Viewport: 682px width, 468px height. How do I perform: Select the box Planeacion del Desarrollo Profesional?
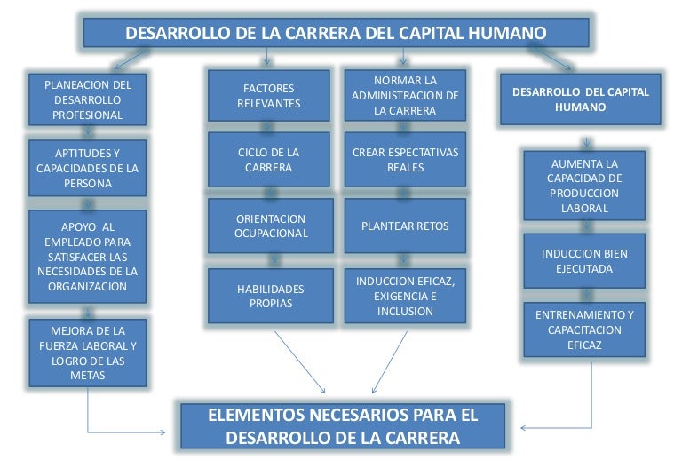(88, 99)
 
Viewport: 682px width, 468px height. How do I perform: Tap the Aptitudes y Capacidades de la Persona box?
(88, 168)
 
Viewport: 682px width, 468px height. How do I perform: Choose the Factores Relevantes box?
(269, 96)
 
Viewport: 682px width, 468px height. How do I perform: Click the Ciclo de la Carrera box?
(269, 160)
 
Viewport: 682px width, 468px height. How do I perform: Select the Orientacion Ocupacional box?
(271, 226)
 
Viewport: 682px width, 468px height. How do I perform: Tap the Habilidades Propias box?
(271, 296)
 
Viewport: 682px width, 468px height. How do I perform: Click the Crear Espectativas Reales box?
(405, 160)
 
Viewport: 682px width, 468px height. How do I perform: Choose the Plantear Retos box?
(405, 226)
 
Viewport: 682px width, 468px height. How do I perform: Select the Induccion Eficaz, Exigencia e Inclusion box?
(405, 297)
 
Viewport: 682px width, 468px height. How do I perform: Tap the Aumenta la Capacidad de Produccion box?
(584, 186)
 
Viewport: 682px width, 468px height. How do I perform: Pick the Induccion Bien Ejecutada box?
(584, 260)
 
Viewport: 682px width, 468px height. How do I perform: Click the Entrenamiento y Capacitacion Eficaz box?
(584, 329)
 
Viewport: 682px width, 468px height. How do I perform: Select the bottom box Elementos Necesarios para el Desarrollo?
(343, 426)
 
